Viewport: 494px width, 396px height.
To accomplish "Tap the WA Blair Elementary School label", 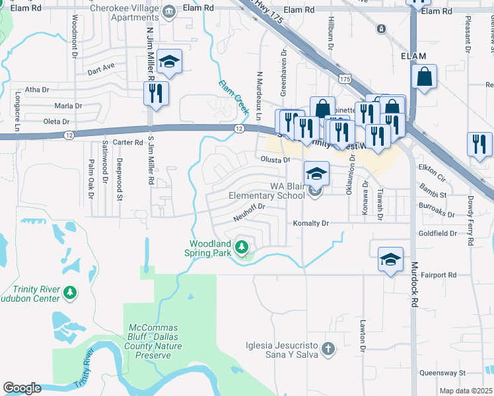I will [x=267, y=191].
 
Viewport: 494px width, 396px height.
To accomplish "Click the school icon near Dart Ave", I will [x=169, y=61].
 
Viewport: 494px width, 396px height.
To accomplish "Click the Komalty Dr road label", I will [x=311, y=224].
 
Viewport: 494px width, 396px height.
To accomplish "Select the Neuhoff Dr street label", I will [x=249, y=207].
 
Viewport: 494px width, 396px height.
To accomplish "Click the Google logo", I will [x=22, y=388].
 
